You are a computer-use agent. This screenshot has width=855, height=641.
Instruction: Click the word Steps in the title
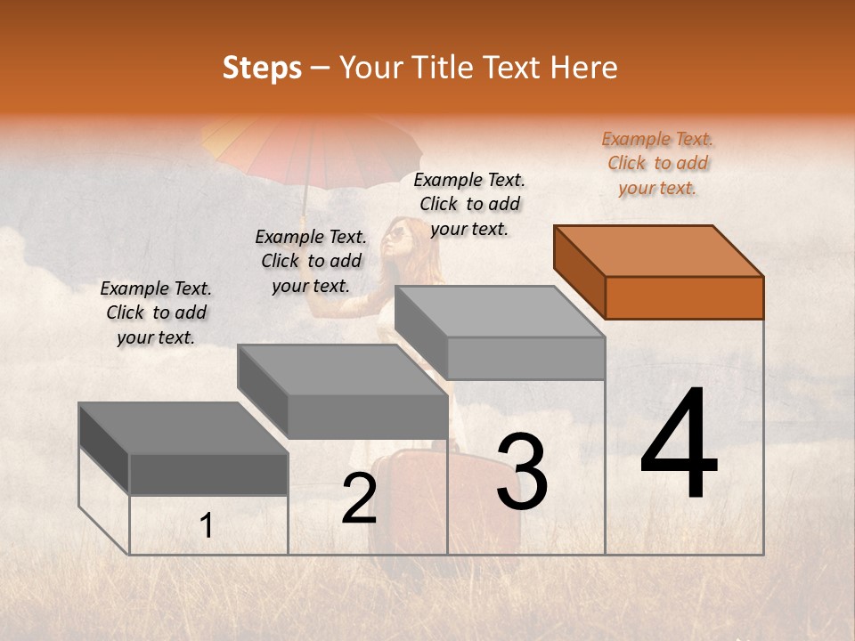(262, 68)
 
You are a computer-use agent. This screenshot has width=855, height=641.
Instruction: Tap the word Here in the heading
(583, 68)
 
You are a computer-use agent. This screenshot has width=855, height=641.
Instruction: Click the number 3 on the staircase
(522, 472)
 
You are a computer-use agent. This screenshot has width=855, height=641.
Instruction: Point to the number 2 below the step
(359, 499)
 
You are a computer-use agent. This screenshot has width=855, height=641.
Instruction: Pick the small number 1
(207, 526)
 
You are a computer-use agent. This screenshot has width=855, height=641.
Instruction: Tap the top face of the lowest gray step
(183, 428)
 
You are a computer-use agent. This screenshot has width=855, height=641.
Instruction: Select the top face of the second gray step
(343, 370)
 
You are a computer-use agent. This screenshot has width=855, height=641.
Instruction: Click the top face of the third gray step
(500, 312)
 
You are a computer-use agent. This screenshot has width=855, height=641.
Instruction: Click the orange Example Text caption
(657, 164)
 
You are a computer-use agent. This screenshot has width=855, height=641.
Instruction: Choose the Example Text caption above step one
(156, 312)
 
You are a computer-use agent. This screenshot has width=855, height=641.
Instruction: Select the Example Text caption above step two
(311, 261)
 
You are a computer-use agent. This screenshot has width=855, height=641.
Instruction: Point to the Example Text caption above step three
(469, 204)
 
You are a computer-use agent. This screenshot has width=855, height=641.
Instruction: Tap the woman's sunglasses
(396, 235)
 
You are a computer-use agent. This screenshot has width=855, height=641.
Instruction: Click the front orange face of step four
(684, 297)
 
